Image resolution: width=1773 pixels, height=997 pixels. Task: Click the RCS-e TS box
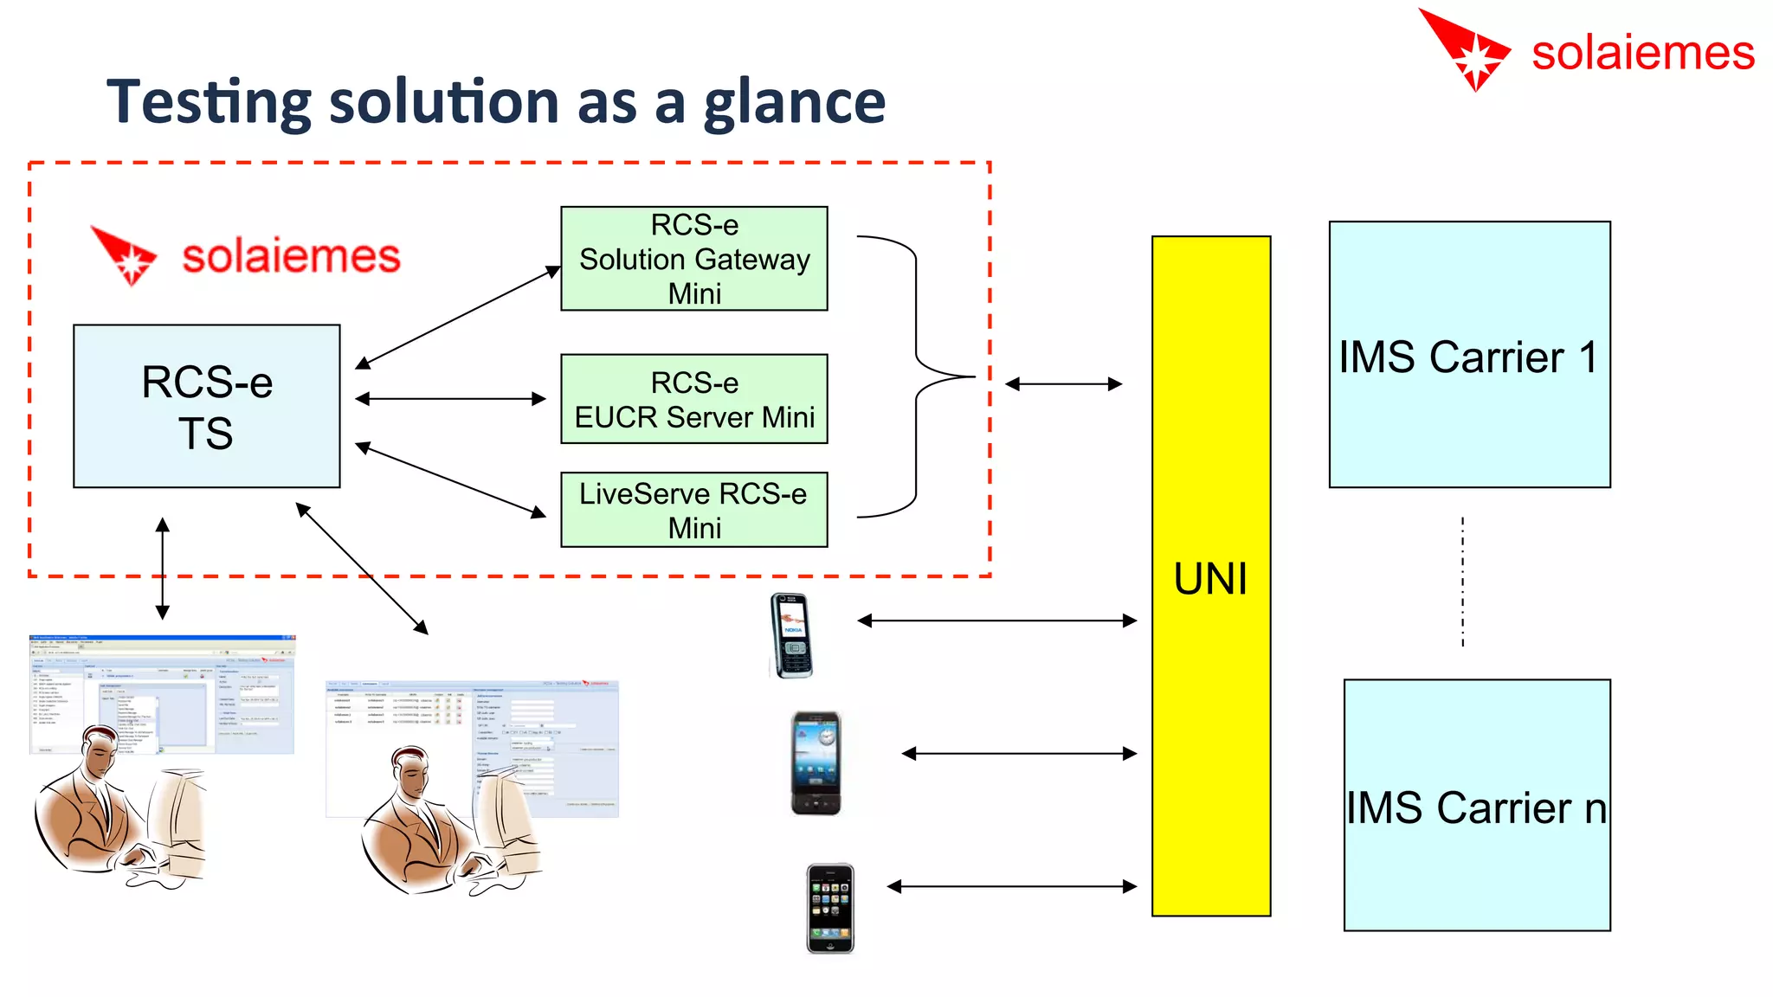tap(206, 406)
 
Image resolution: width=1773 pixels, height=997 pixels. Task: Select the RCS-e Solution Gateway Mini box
tap(693, 259)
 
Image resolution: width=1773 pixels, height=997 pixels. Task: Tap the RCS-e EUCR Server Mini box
tap(693, 399)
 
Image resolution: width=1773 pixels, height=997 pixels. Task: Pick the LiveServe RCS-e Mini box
tap(693, 510)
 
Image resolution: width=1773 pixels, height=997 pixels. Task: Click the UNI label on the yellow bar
tap(1210, 578)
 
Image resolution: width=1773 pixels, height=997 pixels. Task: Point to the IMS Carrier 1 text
tap(1468, 357)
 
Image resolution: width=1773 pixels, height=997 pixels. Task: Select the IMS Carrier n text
tap(1476, 807)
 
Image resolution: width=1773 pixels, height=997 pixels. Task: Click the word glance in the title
tap(794, 103)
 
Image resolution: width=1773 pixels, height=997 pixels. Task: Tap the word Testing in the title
tap(208, 103)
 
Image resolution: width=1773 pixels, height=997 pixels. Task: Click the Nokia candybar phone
tap(790, 635)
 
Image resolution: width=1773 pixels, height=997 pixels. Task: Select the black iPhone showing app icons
tap(830, 908)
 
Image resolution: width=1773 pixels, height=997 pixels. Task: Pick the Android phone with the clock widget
tap(816, 762)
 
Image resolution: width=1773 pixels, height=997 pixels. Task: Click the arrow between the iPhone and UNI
tap(1011, 886)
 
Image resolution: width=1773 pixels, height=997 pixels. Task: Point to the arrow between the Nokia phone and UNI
tap(996, 621)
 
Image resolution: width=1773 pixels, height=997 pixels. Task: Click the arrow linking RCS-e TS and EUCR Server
tap(450, 399)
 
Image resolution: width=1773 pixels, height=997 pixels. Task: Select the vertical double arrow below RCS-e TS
tap(163, 569)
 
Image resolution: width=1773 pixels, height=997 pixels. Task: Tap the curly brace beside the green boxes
tap(918, 376)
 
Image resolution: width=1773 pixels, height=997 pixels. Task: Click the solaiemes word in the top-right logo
tap(1642, 54)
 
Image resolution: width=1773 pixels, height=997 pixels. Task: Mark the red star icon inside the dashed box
tap(126, 256)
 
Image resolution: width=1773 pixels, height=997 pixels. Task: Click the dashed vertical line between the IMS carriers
tap(1462, 582)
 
